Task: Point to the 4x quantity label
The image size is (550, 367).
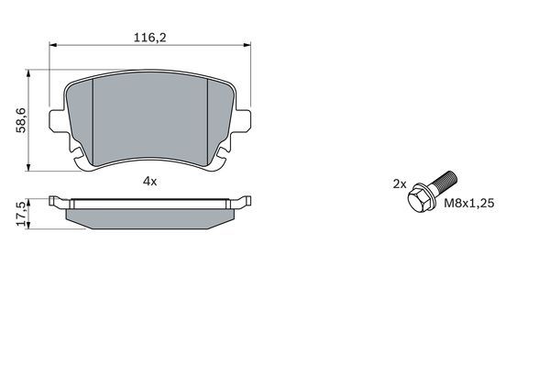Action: click(x=150, y=182)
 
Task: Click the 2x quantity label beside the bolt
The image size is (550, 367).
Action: click(x=399, y=183)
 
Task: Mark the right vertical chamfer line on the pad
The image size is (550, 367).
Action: click(x=212, y=119)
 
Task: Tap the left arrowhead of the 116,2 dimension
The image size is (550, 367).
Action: click(x=51, y=45)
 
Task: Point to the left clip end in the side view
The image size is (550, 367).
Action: click(x=55, y=202)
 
